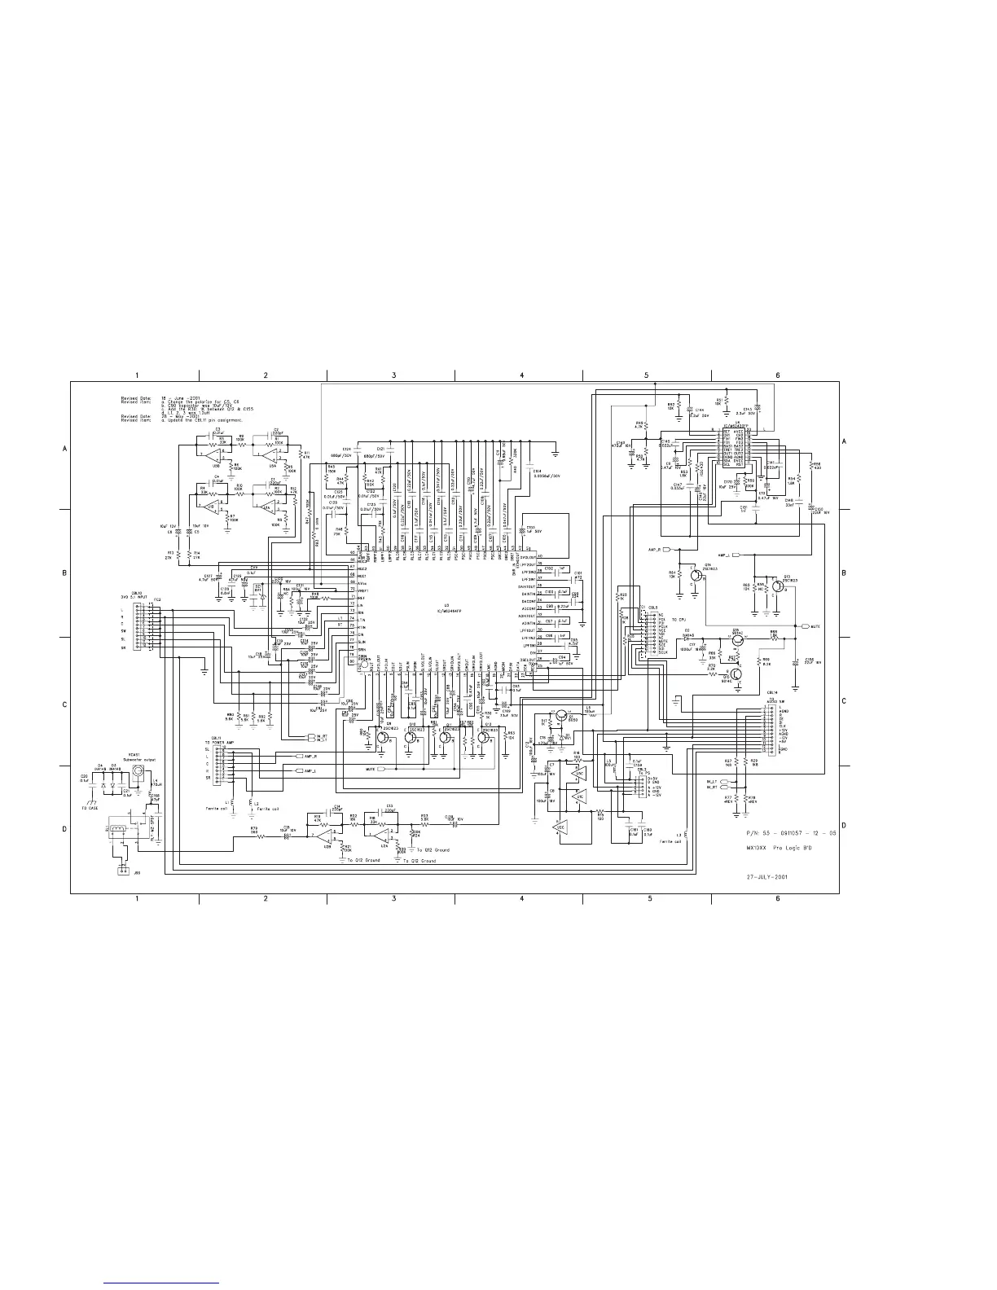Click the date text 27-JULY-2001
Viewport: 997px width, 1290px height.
[766, 878]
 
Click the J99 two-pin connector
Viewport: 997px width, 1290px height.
[122, 871]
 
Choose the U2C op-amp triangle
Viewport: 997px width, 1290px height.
[558, 831]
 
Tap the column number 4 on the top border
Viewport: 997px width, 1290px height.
[521, 375]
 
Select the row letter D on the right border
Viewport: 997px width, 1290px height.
[844, 827]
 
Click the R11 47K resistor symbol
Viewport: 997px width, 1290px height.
[301, 453]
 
